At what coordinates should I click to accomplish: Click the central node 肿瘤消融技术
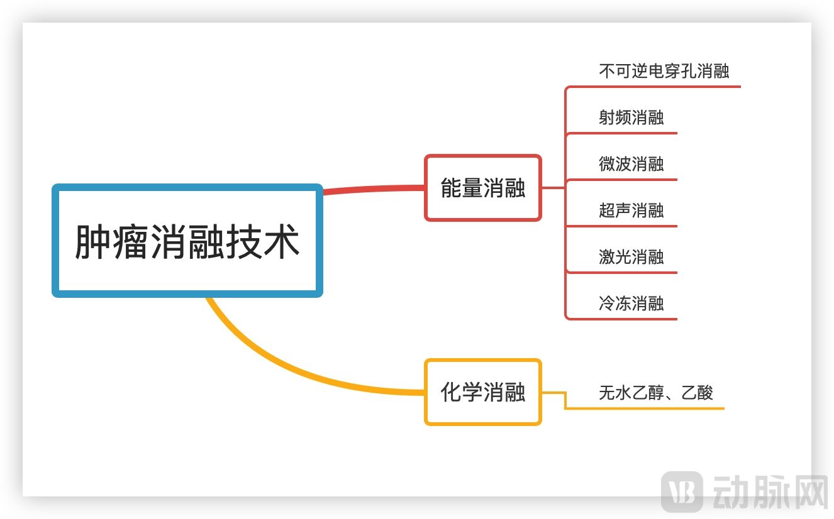tap(187, 241)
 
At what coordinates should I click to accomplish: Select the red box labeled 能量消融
tap(482, 188)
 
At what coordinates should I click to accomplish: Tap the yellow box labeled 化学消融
tap(482, 393)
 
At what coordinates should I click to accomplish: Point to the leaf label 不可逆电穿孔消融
tap(664, 71)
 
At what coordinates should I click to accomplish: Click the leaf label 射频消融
tap(631, 117)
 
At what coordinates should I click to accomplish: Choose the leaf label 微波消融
tap(631, 164)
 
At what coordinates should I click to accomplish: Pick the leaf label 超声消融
tap(631, 210)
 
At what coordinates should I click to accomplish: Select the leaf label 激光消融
tap(631, 257)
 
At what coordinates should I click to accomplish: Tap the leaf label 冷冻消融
tap(631, 303)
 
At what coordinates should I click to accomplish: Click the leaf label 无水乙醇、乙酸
tap(655, 393)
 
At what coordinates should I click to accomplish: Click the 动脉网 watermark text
tap(769, 491)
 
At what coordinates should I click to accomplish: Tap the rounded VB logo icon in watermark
tap(682, 491)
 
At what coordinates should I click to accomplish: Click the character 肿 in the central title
tap(92, 242)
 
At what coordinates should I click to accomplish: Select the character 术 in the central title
tap(281, 242)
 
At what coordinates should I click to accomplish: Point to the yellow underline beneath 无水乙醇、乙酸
tap(648, 408)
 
